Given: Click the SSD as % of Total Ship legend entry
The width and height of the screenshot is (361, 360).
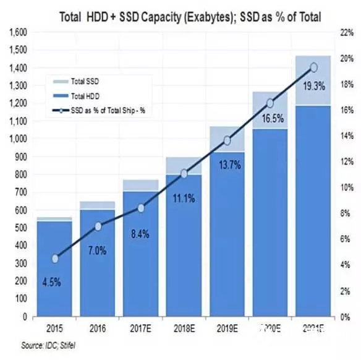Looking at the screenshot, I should tap(103, 111).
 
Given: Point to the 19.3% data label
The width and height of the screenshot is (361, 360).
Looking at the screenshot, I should tap(314, 87).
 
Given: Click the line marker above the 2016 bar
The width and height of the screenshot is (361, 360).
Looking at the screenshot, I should tap(98, 226).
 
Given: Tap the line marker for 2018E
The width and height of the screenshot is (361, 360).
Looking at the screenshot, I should tap(184, 173).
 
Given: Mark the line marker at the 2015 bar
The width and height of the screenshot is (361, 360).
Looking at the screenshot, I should tap(54, 259).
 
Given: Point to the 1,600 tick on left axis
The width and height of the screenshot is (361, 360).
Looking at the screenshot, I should tap(18, 32).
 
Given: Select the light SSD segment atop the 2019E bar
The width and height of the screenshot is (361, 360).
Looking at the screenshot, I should tap(227, 139).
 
